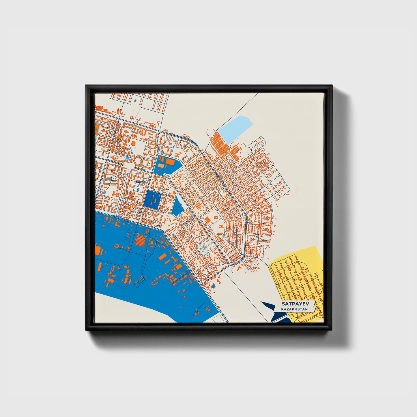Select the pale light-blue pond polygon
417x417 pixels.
click(235, 128)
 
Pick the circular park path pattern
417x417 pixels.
click(205, 247)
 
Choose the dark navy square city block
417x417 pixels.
click(152, 199)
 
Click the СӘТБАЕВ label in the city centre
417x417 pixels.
click(141, 182)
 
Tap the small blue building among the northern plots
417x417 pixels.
click(135, 100)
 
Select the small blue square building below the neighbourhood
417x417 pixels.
click(213, 286)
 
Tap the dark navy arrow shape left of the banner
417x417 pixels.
click(271, 309)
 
